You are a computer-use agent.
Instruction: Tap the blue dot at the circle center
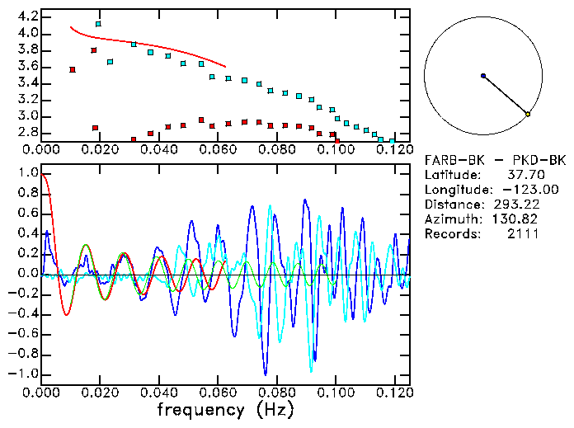click(483, 76)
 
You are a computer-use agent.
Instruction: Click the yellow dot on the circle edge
click(528, 114)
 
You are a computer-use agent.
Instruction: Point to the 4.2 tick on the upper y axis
click(28, 16)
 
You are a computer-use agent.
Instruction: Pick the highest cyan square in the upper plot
click(98, 24)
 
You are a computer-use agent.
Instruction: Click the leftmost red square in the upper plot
click(73, 70)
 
